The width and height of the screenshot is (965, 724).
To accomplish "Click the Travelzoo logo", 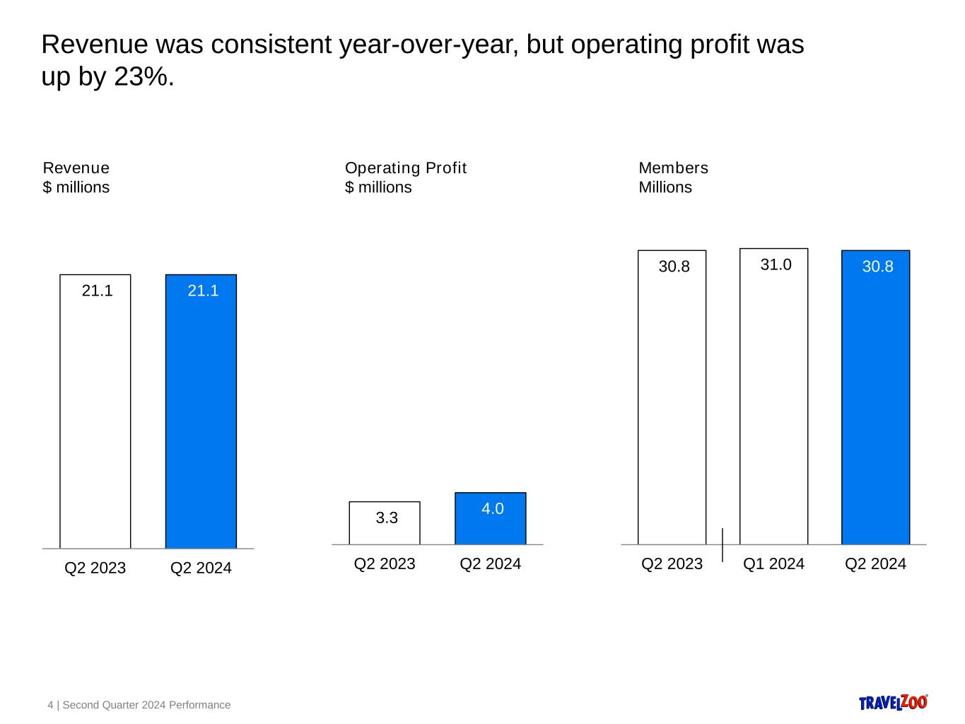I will (x=893, y=702).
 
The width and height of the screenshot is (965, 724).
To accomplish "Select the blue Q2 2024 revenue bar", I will (x=201, y=417).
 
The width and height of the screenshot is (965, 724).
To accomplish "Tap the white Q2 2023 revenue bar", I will (x=95, y=417).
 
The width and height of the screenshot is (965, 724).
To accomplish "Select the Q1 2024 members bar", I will (x=773, y=403).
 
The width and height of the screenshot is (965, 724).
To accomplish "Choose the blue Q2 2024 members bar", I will (x=875, y=403).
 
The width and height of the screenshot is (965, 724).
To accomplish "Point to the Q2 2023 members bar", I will (x=672, y=403).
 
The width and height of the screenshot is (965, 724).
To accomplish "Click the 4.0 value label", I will (x=492, y=508).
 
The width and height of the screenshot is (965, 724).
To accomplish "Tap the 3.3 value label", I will (x=387, y=518).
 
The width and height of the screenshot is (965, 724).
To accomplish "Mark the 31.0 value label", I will (x=776, y=264).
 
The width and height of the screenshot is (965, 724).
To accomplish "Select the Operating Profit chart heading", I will (x=406, y=168).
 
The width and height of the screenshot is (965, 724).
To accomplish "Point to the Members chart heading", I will (x=673, y=168).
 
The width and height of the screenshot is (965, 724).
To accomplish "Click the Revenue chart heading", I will (x=76, y=168).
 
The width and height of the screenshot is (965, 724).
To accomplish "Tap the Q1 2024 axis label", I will (x=773, y=564).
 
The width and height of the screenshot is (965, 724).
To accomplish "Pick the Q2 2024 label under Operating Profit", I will (x=490, y=564).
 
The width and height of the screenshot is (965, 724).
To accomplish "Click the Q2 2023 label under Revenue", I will (x=95, y=568).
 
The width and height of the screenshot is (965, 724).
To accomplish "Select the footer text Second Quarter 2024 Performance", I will (x=146, y=705).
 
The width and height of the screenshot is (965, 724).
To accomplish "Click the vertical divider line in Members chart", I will (x=723, y=544).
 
